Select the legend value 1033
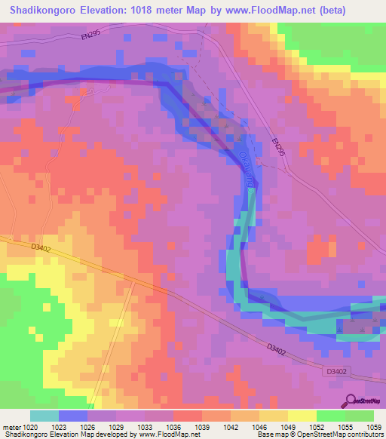(x=146, y=426)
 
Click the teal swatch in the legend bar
(x=44, y=416)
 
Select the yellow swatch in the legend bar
(x=303, y=416)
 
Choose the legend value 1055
(x=346, y=426)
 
